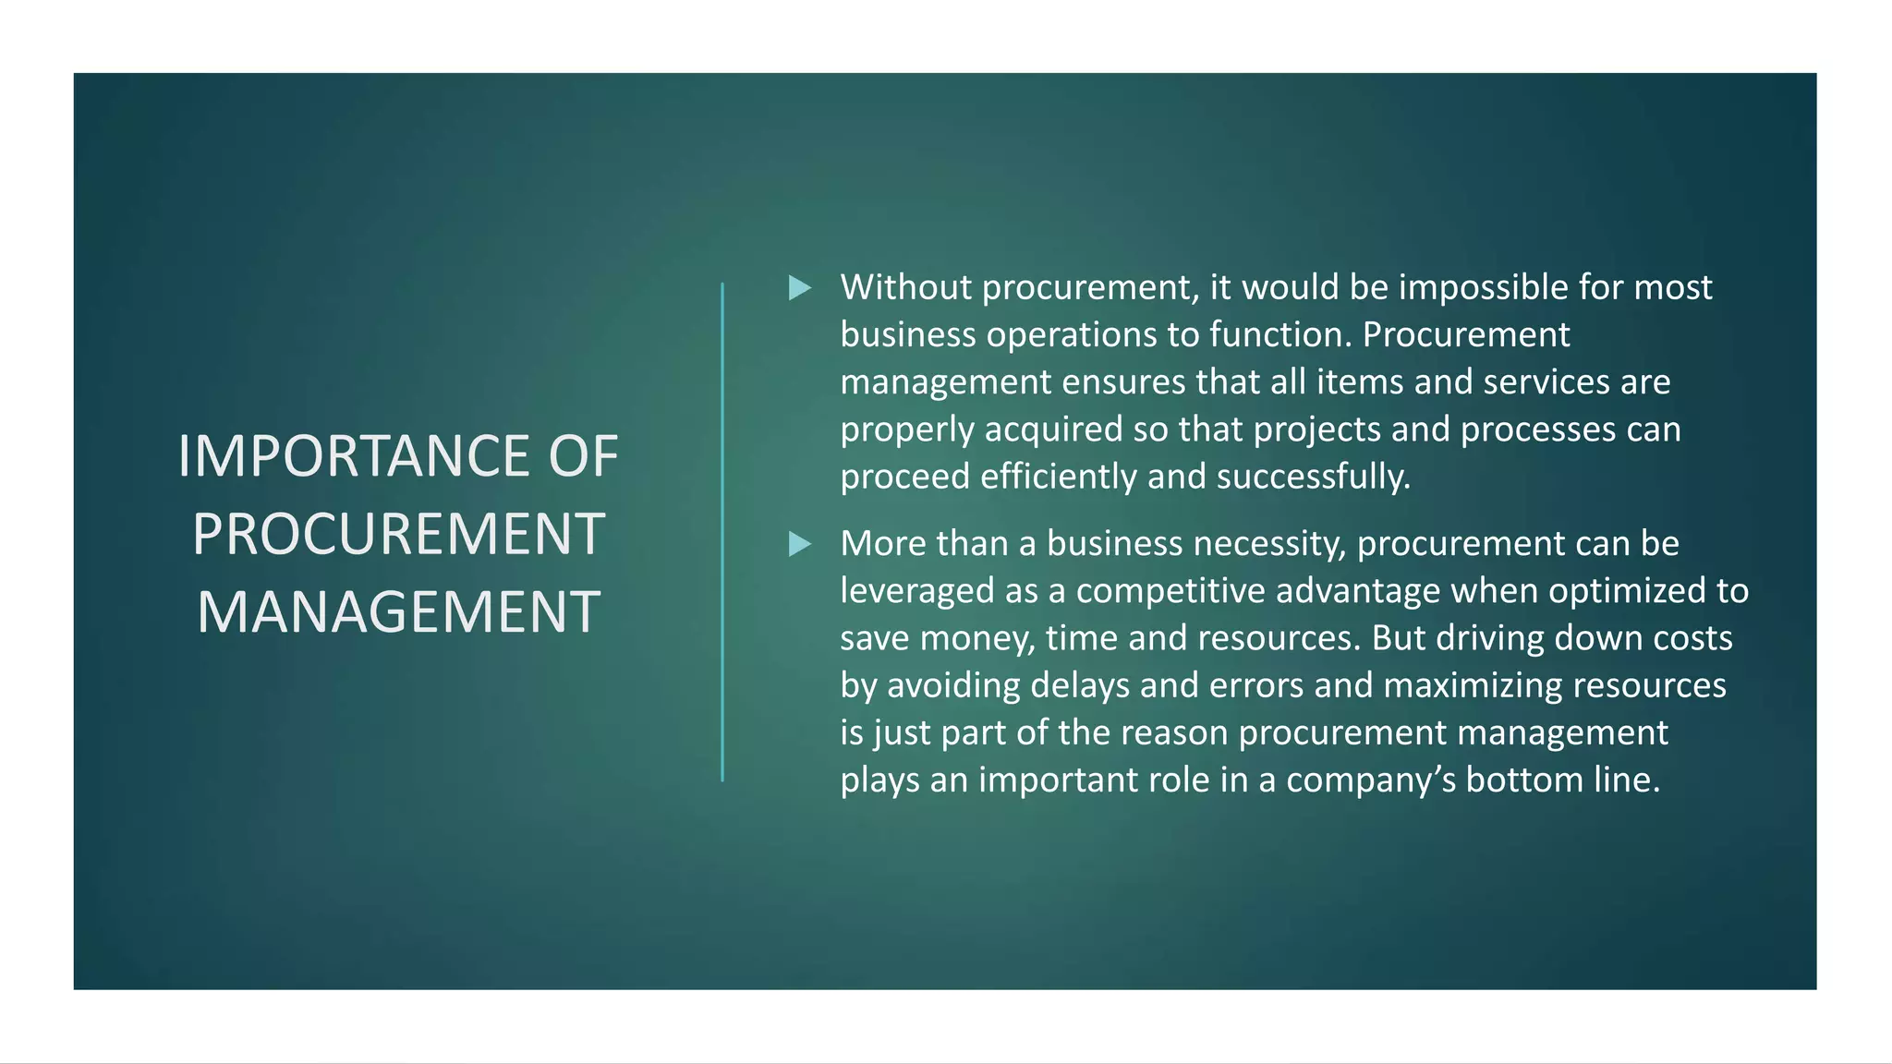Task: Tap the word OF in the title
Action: (583, 456)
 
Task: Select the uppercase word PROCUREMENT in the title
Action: (398, 534)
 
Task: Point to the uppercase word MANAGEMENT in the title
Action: (398, 612)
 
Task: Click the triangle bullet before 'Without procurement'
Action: (799, 288)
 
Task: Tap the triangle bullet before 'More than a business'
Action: (799, 544)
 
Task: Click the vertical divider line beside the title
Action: (722, 532)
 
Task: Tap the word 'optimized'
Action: (1626, 591)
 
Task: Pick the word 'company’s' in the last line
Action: (1370, 780)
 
